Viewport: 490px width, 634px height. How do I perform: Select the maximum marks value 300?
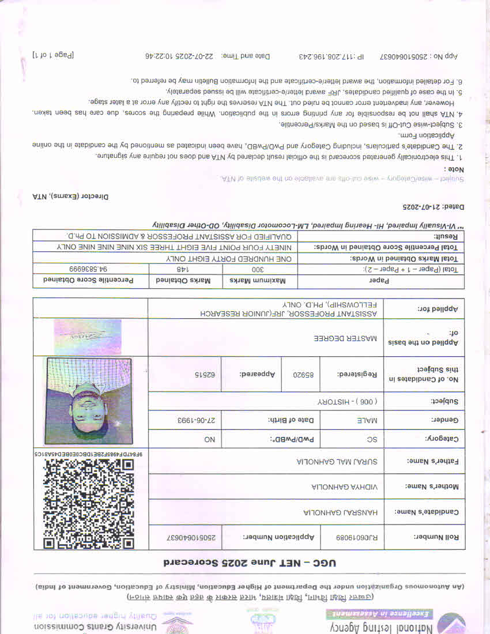(x=259, y=269)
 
